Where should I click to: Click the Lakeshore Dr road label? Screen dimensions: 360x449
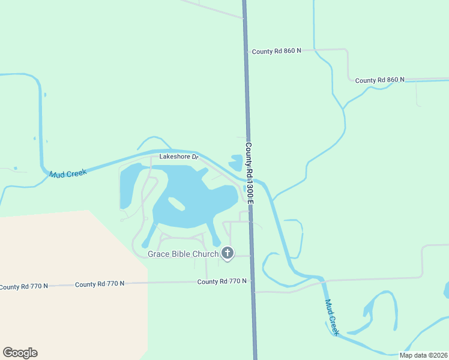click(x=178, y=157)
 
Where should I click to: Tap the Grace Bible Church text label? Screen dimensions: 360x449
click(x=183, y=254)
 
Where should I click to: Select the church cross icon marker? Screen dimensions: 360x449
click(x=227, y=254)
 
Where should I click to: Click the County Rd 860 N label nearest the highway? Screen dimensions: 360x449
click(x=276, y=52)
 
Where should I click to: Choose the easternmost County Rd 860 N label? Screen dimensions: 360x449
click(x=379, y=80)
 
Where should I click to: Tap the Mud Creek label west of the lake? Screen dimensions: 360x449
click(x=68, y=173)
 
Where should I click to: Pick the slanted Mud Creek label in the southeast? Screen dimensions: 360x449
click(x=332, y=317)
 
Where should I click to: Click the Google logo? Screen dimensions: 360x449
click(x=20, y=353)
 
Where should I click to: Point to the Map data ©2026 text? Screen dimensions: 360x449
click(x=423, y=355)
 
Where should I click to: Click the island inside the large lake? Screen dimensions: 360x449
click(x=176, y=204)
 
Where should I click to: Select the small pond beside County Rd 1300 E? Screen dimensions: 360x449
click(x=236, y=162)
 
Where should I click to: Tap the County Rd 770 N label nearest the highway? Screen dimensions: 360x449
click(x=222, y=281)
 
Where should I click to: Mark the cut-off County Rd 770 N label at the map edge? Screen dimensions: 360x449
click(x=23, y=287)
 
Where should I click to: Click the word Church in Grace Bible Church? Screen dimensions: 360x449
click(x=205, y=254)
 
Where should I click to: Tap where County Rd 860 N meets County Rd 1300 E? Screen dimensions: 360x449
click(x=246, y=52)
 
